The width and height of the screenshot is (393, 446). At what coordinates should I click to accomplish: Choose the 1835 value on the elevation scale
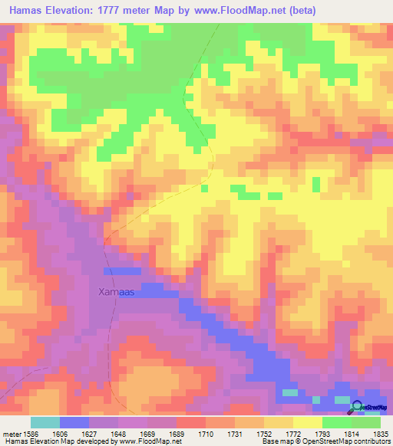click(381, 434)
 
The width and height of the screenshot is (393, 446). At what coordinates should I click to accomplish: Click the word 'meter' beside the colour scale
click(11, 434)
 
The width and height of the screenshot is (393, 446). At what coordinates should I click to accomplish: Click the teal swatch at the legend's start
click(45, 422)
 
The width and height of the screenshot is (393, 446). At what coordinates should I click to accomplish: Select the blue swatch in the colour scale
click(74, 422)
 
